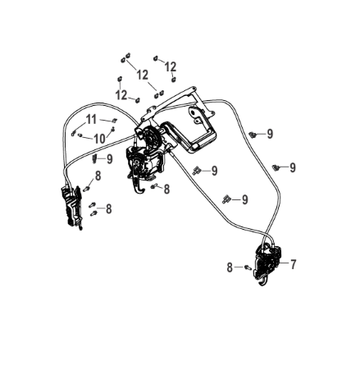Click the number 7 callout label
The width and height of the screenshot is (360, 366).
click(293, 264)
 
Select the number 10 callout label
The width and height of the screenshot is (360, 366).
click(99, 139)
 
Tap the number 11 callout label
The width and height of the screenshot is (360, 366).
click(91, 119)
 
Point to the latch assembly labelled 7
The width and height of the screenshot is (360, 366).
click(267, 263)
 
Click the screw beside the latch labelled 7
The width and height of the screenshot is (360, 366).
click(248, 267)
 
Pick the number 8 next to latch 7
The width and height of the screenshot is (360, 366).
click(230, 268)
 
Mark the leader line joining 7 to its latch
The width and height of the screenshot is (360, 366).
click(284, 263)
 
